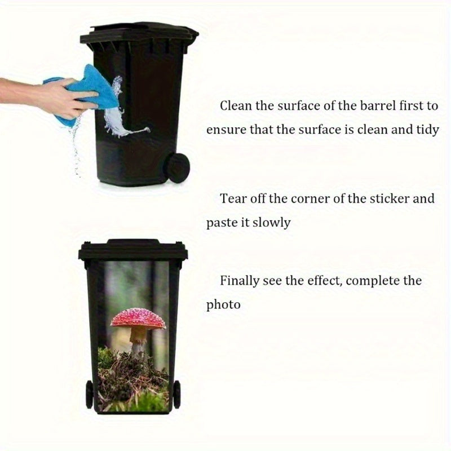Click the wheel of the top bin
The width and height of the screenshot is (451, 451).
176,167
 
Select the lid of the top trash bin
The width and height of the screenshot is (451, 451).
139,34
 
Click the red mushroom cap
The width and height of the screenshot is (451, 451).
138,319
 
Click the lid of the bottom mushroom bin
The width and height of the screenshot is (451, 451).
133,250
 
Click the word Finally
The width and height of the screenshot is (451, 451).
240,281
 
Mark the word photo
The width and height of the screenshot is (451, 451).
223,305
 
